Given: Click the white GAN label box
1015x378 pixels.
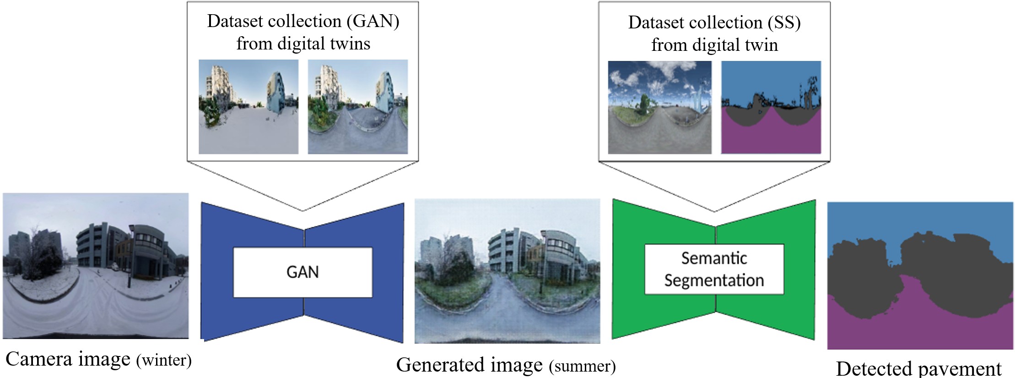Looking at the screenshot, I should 302,272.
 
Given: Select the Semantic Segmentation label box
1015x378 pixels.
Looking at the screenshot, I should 714,269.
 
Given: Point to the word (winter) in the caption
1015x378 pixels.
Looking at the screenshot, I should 164,360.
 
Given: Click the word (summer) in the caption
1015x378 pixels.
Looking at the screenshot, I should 583,366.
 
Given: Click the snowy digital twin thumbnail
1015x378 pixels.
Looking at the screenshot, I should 248,107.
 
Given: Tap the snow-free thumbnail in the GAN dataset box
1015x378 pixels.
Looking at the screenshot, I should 357,107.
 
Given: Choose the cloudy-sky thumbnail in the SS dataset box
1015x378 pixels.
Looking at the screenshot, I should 659,107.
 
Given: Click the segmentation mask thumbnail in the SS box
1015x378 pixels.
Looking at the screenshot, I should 771,107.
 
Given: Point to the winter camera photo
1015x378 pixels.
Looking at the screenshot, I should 96,266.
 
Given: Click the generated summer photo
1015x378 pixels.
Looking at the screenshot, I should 507,271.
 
